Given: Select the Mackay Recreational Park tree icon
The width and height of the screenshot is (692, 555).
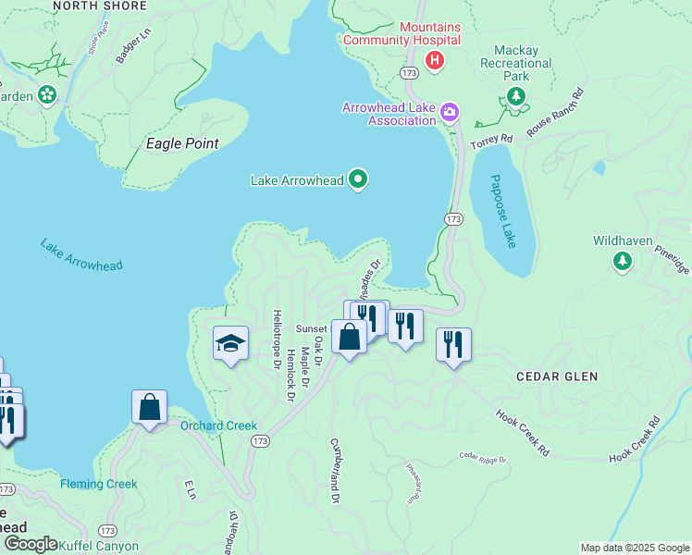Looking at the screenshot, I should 516,95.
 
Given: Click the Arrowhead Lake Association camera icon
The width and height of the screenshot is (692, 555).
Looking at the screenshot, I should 450,113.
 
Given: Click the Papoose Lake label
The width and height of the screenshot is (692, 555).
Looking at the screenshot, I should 504,211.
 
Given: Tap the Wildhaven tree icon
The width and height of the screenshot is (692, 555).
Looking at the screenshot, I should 623,263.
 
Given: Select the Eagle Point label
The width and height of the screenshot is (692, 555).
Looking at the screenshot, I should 183,143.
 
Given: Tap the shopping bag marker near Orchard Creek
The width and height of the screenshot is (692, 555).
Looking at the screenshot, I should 149,407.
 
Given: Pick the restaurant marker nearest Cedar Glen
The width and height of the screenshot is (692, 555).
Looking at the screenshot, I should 453,345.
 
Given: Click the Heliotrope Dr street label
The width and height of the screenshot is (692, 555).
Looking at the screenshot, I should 276,339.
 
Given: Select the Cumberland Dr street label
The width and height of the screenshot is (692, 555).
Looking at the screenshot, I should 335,471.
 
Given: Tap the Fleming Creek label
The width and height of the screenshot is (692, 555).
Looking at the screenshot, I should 99,484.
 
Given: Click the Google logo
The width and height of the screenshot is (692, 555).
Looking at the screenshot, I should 30,545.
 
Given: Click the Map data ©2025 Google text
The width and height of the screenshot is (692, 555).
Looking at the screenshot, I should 634,548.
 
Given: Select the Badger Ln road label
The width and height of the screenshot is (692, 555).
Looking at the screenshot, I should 132,47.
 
